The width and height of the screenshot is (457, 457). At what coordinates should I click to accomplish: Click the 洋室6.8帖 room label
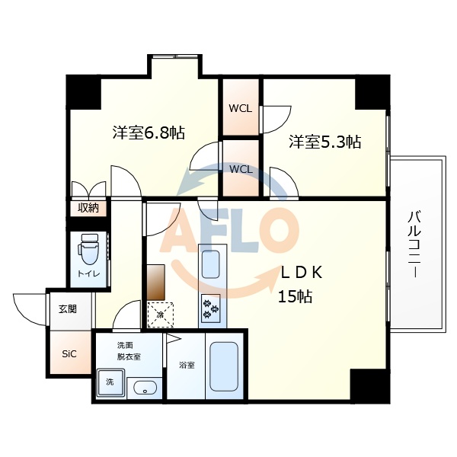[149, 133]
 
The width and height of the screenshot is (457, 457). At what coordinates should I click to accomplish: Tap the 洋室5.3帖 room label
[324, 142]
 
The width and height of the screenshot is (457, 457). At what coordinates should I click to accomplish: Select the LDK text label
[304, 273]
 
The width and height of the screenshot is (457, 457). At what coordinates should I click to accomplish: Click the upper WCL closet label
[241, 108]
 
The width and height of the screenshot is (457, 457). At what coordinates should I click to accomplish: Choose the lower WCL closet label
[241, 169]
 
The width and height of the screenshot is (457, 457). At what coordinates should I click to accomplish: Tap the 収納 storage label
[87, 207]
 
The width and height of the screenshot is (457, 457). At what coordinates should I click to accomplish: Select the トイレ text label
[87, 273]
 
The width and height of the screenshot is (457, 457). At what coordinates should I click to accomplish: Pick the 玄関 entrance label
[68, 309]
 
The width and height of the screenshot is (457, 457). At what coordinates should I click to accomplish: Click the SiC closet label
[69, 353]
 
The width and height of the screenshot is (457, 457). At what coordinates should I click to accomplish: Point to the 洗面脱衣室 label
[128, 351]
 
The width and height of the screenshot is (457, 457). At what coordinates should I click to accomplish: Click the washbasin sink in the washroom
[144, 388]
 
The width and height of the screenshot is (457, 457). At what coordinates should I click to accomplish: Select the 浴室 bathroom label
[187, 365]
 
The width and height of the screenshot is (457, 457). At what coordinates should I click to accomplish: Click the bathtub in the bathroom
[224, 368]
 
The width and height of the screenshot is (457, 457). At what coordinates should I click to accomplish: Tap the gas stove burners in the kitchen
[210, 309]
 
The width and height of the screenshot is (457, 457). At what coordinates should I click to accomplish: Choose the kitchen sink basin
[210, 263]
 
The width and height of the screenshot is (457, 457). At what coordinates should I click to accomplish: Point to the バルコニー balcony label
[414, 244]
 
